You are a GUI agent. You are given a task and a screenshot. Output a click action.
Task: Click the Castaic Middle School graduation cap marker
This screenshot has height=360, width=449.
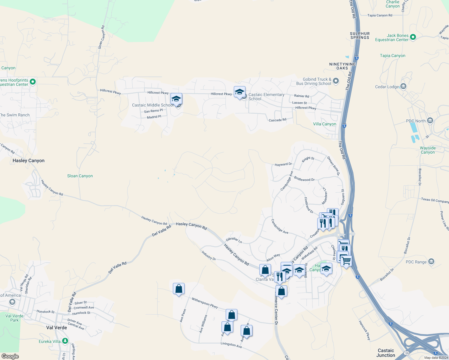point(176,99)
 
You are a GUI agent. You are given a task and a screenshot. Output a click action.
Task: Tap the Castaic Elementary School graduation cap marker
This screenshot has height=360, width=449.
point(240,92)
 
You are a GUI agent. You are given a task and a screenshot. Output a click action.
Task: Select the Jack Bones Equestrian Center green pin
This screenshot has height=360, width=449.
point(413,37)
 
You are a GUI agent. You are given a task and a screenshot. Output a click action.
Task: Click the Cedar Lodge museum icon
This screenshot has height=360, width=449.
point(403,86)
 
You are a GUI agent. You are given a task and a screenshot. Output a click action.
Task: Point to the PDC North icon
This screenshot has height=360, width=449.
point(430,121)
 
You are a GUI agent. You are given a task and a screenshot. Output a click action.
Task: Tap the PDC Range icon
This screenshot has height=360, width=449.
point(431,262)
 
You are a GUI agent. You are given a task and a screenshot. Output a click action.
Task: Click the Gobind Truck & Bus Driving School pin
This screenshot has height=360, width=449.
point(336,81)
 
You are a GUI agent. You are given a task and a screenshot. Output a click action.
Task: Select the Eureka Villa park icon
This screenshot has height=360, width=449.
point(65,341)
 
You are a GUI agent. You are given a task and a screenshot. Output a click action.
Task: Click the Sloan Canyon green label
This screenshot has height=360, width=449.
point(80,176)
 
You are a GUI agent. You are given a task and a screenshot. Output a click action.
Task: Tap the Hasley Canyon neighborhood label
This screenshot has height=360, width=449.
point(29,161)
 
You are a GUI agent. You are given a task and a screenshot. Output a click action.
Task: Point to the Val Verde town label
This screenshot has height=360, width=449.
point(56,328)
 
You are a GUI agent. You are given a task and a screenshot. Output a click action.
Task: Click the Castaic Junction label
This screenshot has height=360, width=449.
point(386,353)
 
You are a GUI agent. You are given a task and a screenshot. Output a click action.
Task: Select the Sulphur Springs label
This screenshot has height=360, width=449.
point(360,36)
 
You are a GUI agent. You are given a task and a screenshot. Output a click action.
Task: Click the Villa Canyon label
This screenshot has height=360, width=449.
point(324,124)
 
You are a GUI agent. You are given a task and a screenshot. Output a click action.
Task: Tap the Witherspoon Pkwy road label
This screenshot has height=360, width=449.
point(205,303)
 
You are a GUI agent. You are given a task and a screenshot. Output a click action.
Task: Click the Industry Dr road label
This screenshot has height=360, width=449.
point(209,256)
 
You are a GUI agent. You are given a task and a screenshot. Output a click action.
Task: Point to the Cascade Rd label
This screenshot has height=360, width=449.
point(277,120)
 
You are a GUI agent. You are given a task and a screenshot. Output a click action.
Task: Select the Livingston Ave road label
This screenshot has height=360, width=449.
point(231,345)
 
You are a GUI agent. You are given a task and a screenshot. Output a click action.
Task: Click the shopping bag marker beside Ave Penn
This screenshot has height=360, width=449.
point(179,289)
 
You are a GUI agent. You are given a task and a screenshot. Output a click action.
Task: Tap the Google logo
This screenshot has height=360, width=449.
point(10,356)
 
